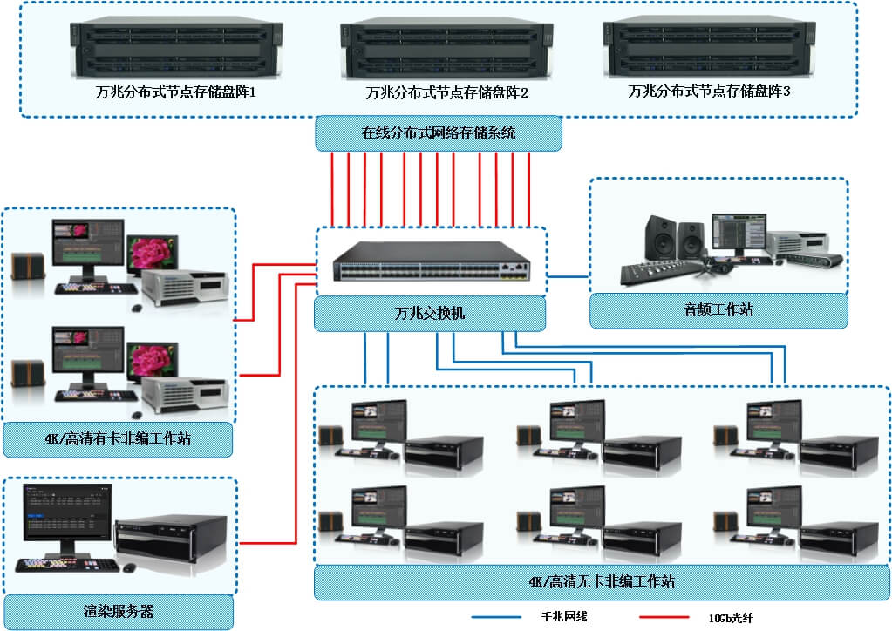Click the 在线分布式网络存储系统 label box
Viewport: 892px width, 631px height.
pos(438,133)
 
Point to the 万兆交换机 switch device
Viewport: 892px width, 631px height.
pos(431,260)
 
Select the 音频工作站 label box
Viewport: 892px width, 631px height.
pos(718,310)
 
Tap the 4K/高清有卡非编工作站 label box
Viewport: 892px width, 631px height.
pos(118,439)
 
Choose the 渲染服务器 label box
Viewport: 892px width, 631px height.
pos(118,611)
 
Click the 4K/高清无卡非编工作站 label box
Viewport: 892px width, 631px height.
pos(602,581)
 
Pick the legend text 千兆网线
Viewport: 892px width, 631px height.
pos(564,617)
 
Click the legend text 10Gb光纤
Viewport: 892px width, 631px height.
pos(731,617)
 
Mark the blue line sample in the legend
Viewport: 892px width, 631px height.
pos(498,617)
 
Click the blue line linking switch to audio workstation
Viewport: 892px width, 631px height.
pos(569,277)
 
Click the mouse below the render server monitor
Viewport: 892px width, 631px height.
pos(129,567)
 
